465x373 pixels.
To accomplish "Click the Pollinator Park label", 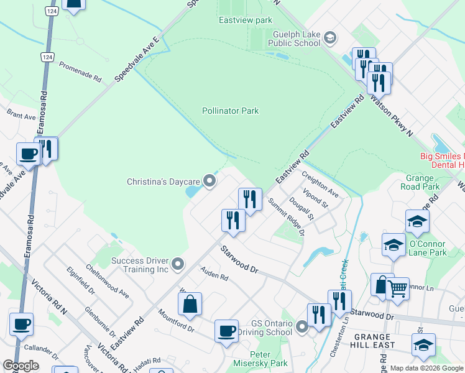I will [230, 111].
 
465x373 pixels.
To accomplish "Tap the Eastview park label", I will [246, 20].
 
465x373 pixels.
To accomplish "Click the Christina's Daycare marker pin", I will [210, 182].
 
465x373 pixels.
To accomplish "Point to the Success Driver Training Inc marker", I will [178, 265].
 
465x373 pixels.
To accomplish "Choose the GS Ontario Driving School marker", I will [302, 327].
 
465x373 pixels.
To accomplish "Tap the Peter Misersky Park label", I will [260, 359].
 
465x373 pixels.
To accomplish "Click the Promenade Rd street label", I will [80, 71].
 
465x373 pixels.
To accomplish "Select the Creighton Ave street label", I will [321, 185].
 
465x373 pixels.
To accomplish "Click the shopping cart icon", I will [398, 287].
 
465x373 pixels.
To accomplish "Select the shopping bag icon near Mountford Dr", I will [190, 305].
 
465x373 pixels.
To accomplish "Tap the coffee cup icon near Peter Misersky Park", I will [226, 330].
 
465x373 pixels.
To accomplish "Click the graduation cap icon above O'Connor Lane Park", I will [417, 220].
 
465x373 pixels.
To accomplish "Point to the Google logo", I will [21, 366].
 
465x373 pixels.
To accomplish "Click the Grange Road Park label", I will [423, 182].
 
